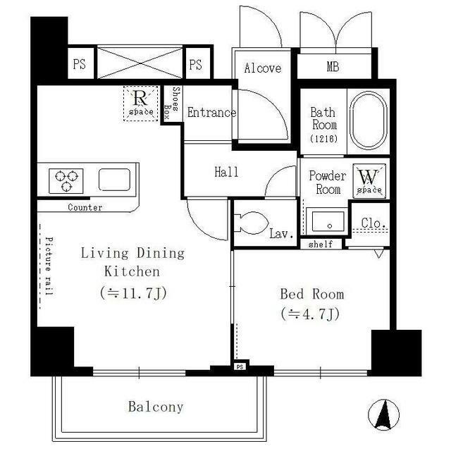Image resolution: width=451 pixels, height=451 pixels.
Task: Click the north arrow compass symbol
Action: (x=383, y=414)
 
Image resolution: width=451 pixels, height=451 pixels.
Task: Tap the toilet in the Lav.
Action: (x=251, y=223)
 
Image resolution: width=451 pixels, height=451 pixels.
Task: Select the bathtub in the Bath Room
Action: (x=368, y=121)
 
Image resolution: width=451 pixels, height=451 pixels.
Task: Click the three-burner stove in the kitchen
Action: (x=66, y=181)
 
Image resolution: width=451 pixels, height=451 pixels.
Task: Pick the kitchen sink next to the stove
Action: (x=114, y=180)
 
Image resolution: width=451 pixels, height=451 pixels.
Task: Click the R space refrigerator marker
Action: (x=141, y=104)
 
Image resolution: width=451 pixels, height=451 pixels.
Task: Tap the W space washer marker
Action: (x=369, y=181)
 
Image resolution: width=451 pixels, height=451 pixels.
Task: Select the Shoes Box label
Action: (x=171, y=104)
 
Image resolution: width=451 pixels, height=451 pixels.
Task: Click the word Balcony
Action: (x=156, y=407)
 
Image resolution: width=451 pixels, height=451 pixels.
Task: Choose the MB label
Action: (x=333, y=67)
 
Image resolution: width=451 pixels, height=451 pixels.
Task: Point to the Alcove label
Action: (x=263, y=68)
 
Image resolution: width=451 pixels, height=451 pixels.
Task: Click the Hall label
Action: (x=226, y=172)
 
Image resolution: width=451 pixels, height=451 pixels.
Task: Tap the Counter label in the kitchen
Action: (x=85, y=207)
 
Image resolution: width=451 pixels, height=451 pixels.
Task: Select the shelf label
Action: (x=321, y=245)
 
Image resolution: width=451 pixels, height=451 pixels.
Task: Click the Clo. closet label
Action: (x=373, y=223)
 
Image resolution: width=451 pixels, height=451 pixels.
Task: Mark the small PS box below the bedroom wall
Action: (x=240, y=366)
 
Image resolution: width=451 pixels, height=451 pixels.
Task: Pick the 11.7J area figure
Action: (x=134, y=293)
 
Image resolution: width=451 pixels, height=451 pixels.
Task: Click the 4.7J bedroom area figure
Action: (x=310, y=314)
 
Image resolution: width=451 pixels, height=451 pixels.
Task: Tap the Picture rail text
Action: (x=49, y=266)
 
